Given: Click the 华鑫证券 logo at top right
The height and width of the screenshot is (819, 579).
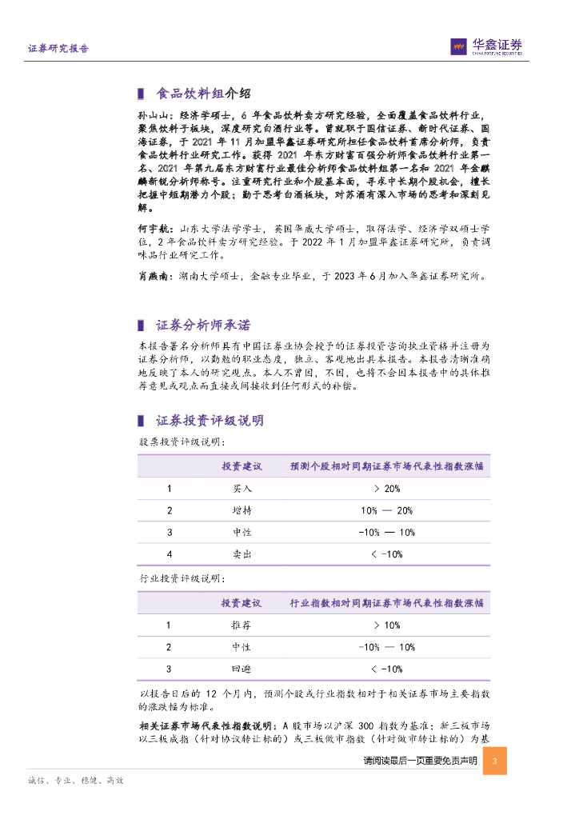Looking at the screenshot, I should pos(486,47).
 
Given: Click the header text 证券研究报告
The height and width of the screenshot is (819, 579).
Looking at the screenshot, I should pos(58,48).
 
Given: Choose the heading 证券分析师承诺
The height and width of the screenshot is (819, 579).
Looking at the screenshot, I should pos(202,326).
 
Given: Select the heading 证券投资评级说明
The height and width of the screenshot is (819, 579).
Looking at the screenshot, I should pos(209,421).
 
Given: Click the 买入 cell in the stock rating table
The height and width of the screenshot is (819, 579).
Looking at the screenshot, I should pos(242,489).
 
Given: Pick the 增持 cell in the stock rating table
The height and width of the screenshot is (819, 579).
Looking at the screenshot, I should pos(242,510).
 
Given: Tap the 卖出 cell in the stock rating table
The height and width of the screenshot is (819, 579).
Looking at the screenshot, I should pos(242,553).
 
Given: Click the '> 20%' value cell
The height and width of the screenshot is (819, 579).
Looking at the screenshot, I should pos(386,489).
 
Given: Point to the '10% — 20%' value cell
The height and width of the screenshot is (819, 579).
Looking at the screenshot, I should pos(386,510).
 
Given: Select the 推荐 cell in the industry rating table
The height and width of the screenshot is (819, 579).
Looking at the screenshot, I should pos(242,625).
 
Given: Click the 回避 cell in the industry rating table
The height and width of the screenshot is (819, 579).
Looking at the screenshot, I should pos(242,669).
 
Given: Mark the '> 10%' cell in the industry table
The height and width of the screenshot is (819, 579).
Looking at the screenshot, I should pos(386,625).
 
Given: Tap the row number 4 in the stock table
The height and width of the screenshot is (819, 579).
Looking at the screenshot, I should pos(169,553).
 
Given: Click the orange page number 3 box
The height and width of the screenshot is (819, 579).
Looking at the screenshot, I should pos(495,761).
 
